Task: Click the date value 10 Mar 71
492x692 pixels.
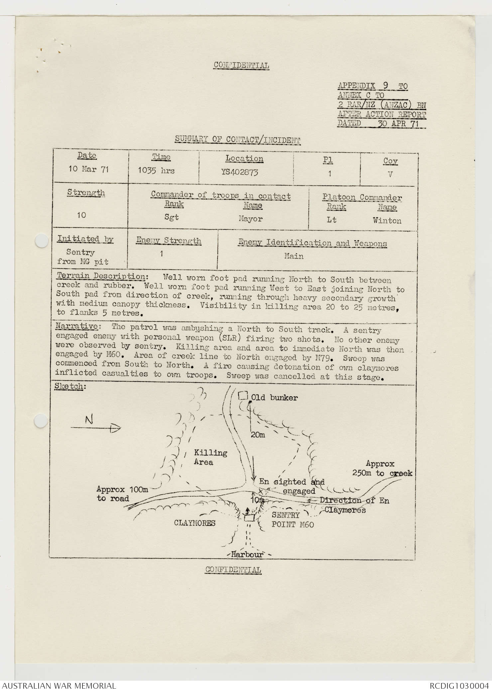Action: click(88, 169)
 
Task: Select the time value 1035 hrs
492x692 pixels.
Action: click(156, 171)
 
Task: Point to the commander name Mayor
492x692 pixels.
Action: click(250, 219)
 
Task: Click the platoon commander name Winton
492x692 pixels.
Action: click(387, 221)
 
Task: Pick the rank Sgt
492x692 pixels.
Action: click(172, 217)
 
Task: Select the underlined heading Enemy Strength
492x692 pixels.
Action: click(169, 241)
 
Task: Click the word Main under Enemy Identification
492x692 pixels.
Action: click(294, 256)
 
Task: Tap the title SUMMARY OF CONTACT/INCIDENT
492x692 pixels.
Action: click(238, 140)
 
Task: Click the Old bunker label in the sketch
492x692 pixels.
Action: click(274, 398)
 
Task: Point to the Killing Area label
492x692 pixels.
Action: click(210, 457)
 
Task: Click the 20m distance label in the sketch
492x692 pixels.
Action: click(258, 435)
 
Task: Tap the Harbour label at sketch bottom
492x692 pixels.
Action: click(247, 554)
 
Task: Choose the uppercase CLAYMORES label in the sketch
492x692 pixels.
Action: click(195, 523)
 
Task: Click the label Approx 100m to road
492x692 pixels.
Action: click(122, 494)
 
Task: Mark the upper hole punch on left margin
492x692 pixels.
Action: click(42, 241)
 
